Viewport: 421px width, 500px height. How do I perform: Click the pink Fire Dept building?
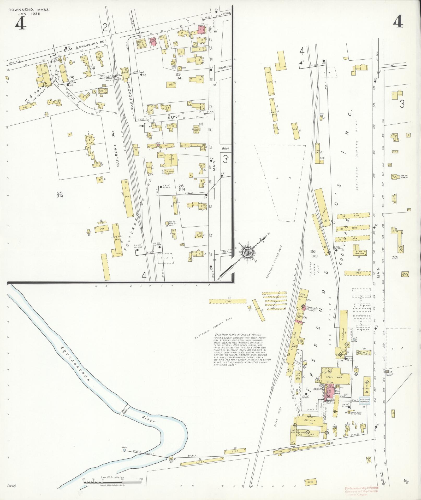(x=153, y=41)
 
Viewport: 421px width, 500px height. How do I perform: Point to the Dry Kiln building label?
(x=310, y=420)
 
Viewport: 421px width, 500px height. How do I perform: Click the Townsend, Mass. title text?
(x=29, y=10)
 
